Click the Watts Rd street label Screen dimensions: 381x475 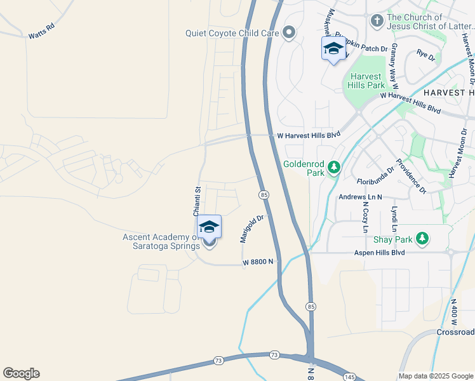[x=42, y=32]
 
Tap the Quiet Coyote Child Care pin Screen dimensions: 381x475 [x=290, y=32]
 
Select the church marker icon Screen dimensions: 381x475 [x=377, y=22]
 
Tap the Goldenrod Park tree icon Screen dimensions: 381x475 [x=334, y=168]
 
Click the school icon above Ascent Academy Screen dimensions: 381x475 [x=209, y=226]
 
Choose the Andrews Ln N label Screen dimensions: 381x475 [x=360, y=197]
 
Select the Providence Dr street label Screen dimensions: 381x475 [x=411, y=175]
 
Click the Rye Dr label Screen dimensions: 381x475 [x=425, y=57]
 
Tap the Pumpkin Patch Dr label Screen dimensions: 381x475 [x=366, y=48]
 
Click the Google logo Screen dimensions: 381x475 [x=21, y=373]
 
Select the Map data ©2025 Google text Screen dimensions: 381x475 [x=435, y=376]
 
